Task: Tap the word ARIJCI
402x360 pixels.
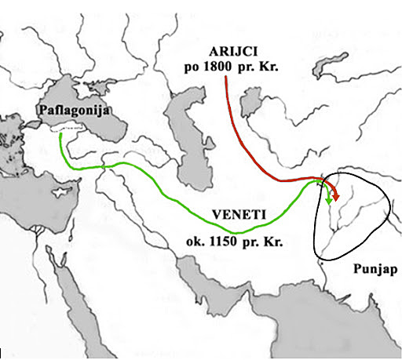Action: pos(228,52)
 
